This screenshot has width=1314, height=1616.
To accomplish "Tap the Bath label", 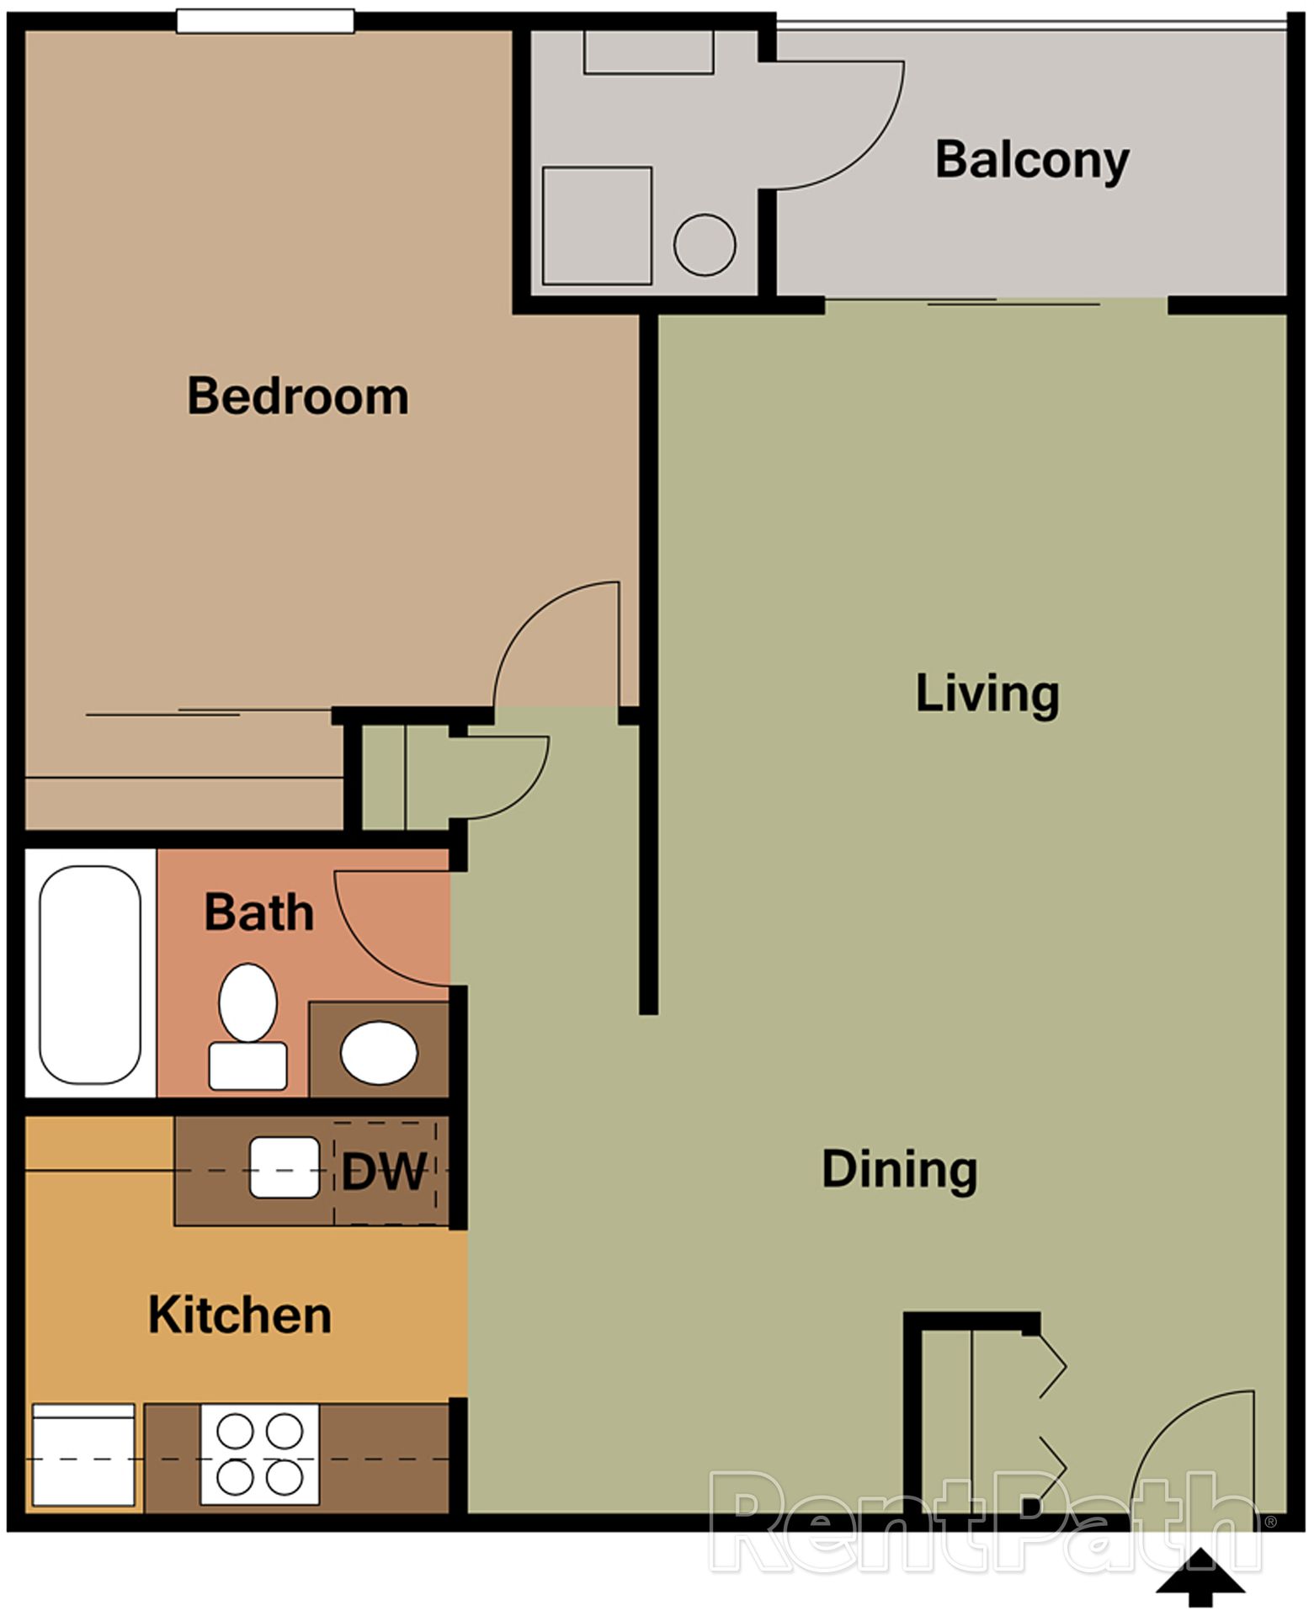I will pyautogui.click(x=258, y=912).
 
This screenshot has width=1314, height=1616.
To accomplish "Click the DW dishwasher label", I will pyautogui.click(x=384, y=1171).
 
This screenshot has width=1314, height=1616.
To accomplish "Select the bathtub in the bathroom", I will pyautogui.click(x=90, y=974).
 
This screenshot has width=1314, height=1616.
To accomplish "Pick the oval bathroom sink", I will pyautogui.click(x=379, y=1053).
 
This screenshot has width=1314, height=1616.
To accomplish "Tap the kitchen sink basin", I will pyautogui.click(x=285, y=1167).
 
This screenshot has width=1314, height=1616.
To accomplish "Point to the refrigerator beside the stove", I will pyautogui.click(x=82, y=1454).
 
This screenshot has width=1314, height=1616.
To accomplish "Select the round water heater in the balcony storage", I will pyautogui.click(x=705, y=245).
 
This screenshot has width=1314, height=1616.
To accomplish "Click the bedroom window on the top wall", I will pyautogui.click(x=265, y=21).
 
